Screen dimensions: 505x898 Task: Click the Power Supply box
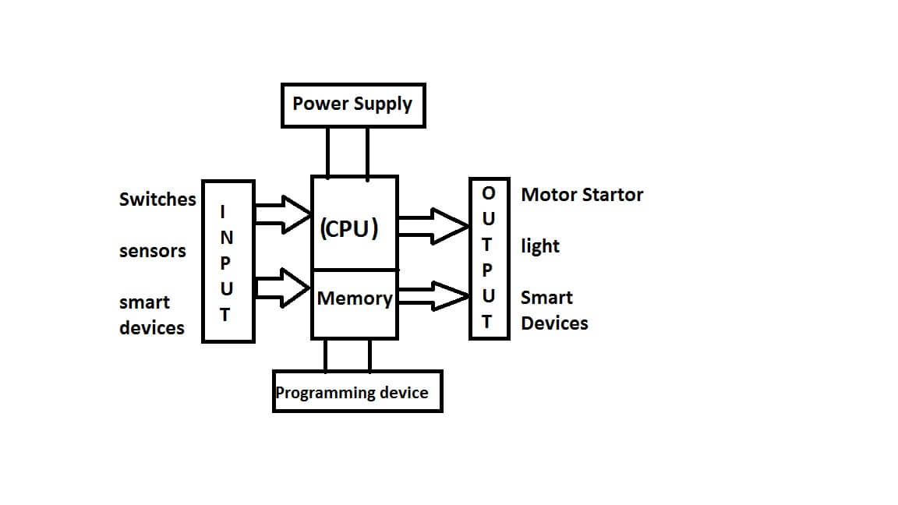point(352,104)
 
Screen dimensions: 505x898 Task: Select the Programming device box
point(357,391)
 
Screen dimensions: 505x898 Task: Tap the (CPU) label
point(349,228)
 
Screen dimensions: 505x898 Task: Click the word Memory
point(354,298)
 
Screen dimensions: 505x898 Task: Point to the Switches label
point(157,200)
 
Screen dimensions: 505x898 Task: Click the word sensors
point(153,251)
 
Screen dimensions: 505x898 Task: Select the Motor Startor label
point(582,195)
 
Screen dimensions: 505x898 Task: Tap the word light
point(540,246)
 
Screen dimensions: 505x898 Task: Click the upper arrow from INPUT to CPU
point(283,214)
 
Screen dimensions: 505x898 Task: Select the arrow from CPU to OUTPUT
point(433,225)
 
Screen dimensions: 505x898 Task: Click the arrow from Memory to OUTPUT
point(433,296)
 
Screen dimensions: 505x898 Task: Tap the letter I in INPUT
point(224,211)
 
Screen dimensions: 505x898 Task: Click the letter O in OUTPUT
point(489,192)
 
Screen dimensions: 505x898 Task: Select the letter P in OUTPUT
point(489,270)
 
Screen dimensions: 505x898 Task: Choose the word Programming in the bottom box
point(324,393)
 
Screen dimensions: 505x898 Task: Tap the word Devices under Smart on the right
point(554,323)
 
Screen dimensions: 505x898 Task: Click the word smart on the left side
point(144,302)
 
